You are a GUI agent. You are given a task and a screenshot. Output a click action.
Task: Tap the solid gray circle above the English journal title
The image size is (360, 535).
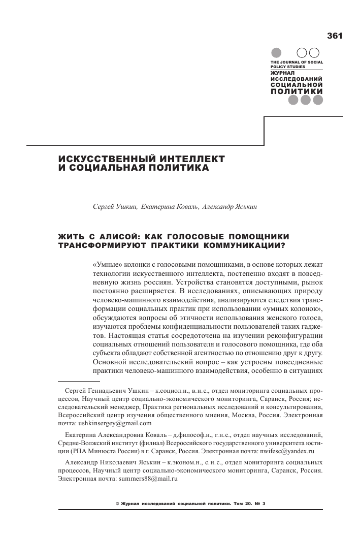[277, 53]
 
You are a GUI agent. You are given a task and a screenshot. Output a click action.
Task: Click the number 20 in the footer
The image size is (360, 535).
[250, 503]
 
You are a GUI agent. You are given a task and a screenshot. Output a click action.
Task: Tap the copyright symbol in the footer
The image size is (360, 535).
[118, 503]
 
